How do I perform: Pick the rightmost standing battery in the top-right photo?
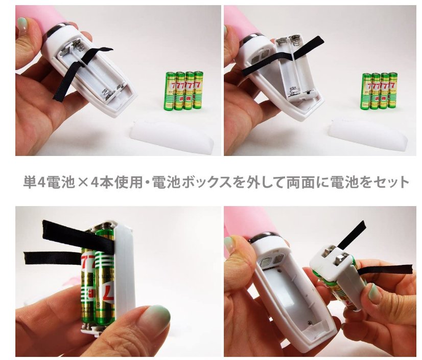[392, 90]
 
